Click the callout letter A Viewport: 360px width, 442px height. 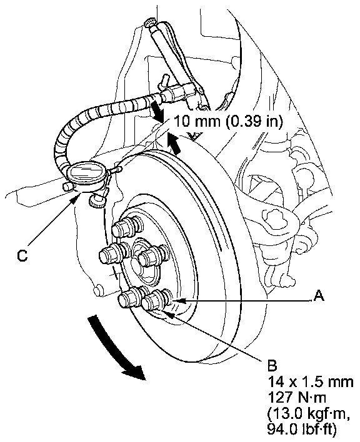[x=319, y=296]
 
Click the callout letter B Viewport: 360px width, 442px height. [x=272, y=366]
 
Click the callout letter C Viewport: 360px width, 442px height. [x=22, y=255]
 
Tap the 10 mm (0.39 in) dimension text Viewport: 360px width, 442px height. [x=227, y=121]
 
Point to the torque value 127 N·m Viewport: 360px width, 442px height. [x=297, y=398]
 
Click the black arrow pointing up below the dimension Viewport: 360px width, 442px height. [x=174, y=144]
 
